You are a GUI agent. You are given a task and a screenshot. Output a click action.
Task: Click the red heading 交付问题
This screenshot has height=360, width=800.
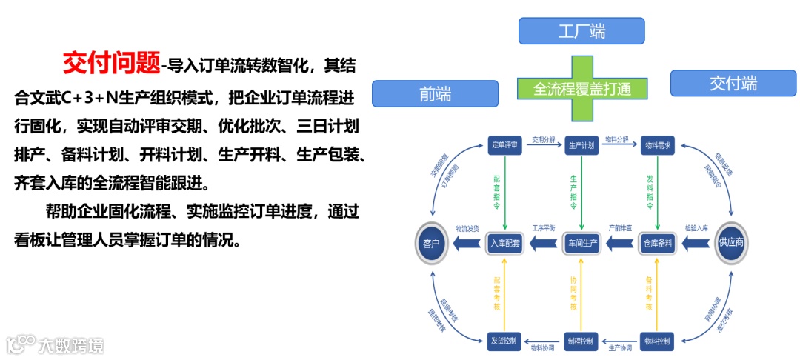(111, 63)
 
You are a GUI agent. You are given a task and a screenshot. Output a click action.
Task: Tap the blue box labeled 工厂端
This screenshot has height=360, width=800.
(581, 30)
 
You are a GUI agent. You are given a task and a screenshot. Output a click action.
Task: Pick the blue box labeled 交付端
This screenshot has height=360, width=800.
(733, 83)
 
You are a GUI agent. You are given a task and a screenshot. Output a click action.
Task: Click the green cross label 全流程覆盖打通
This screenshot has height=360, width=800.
(581, 89)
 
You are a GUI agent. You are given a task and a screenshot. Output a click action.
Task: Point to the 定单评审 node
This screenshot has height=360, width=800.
(507, 146)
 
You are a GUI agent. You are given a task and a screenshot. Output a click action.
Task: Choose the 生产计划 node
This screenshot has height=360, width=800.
(581, 146)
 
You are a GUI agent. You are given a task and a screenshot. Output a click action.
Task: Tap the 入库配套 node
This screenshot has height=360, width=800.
(506, 243)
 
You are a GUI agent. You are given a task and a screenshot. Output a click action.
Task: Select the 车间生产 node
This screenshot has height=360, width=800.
(582, 243)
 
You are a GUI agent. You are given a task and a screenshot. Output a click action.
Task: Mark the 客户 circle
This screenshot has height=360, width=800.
(432, 243)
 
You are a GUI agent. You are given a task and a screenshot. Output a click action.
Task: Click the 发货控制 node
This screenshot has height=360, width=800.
(506, 341)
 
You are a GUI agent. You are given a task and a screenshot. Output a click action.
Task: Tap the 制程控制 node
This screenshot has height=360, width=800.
(581, 341)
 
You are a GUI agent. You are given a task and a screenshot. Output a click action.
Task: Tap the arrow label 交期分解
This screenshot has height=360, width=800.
(544, 139)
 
